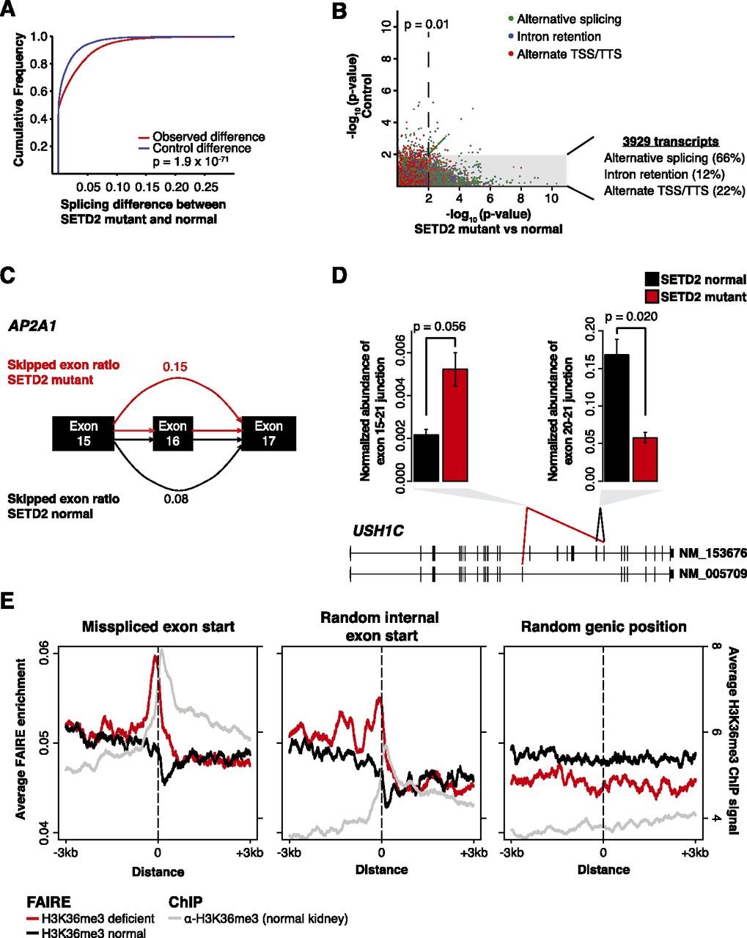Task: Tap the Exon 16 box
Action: pyautogui.click(x=173, y=433)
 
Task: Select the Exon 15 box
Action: pyautogui.click(x=84, y=433)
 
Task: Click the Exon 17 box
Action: pyautogui.click(x=268, y=433)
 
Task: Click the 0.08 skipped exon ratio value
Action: pyautogui.click(x=174, y=498)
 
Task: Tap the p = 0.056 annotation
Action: pyautogui.click(x=440, y=326)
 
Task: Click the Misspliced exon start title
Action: pyautogui.click(x=158, y=627)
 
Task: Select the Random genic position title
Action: pyautogui.click(x=603, y=627)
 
